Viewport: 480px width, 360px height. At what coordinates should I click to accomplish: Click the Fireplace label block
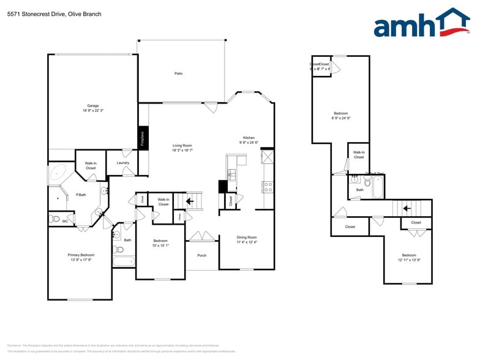click(142, 138)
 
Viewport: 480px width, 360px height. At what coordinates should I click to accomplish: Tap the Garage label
click(92, 105)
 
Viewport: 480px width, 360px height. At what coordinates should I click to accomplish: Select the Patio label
click(178, 73)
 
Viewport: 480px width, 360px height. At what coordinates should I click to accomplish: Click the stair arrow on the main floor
click(190, 200)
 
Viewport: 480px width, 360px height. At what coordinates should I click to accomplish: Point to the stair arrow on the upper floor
click(406, 208)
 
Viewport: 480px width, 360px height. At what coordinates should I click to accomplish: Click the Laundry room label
click(122, 162)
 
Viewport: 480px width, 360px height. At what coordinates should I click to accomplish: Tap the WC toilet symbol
click(54, 219)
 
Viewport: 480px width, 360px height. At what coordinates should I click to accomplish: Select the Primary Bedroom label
click(81, 255)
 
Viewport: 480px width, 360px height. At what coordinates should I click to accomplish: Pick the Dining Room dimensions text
click(247, 242)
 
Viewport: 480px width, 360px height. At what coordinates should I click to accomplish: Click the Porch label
click(201, 255)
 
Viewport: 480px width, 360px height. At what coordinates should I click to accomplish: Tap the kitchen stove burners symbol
click(268, 187)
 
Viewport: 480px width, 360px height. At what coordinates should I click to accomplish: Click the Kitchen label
click(249, 138)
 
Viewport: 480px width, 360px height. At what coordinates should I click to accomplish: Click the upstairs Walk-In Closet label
click(359, 154)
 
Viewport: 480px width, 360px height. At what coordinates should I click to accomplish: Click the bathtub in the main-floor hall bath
click(123, 262)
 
